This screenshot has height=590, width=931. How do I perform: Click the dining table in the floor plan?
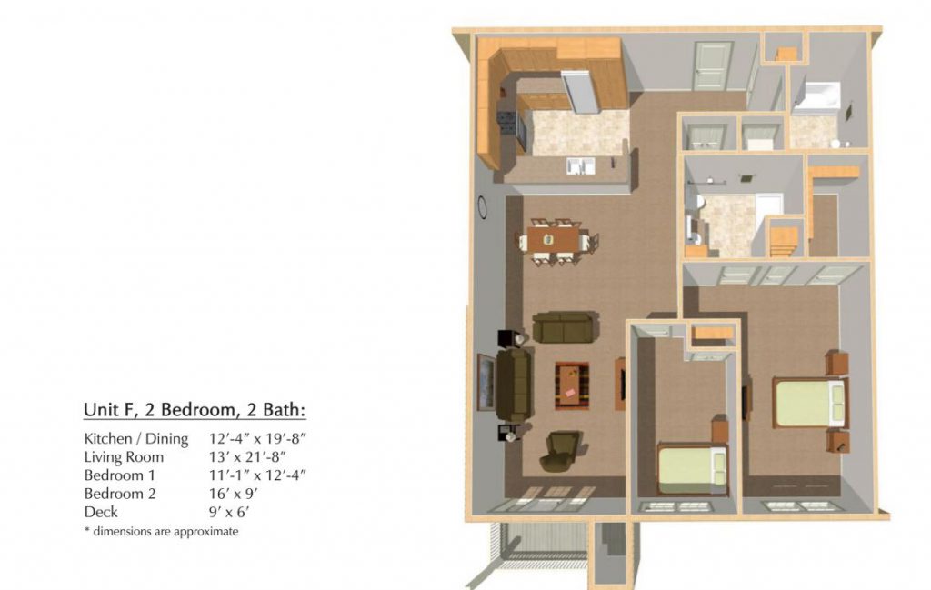pyautogui.click(x=553, y=240)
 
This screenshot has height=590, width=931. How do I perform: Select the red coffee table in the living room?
pyautogui.click(x=572, y=385)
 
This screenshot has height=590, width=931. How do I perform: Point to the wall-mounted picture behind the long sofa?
pyautogui.click(x=486, y=382)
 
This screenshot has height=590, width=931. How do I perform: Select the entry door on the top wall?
pyautogui.click(x=712, y=65)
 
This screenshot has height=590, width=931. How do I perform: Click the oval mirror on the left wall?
pyautogui.click(x=483, y=208)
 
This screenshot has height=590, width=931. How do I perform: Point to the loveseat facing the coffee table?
pyautogui.click(x=566, y=327)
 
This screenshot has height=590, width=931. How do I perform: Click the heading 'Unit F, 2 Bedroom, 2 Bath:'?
pyautogui.click(x=195, y=410)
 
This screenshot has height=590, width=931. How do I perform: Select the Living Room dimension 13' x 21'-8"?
pyautogui.click(x=247, y=456)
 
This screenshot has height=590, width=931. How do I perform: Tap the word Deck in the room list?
pyautogui.click(x=101, y=512)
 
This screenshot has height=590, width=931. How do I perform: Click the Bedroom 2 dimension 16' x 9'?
pyautogui.click(x=233, y=494)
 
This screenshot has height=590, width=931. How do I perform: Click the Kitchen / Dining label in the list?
pyautogui.click(x=136, y=439)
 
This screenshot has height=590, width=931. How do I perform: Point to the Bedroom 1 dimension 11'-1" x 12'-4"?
pyautogui.click(x=257, y=475)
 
